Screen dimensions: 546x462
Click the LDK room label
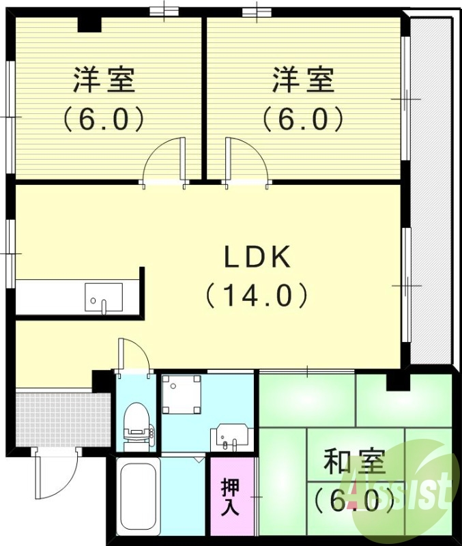(258, 257)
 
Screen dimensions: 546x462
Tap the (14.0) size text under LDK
(257, 296)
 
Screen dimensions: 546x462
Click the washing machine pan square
(182, 394)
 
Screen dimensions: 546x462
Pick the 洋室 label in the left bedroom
(104, 81)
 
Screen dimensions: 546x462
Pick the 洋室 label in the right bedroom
(304, 81)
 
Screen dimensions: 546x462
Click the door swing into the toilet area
(133, 356)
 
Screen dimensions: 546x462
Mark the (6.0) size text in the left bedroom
(104, 120)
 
